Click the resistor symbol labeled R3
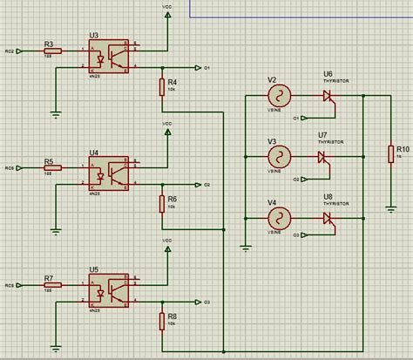point(53,51)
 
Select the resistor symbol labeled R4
point(162,86)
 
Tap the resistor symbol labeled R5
point(53,167)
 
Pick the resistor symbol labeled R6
point(162,203)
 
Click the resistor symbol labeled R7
point(53,285)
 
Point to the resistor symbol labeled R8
point(162,321)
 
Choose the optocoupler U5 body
point(108,289)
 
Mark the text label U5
point(94,269)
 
